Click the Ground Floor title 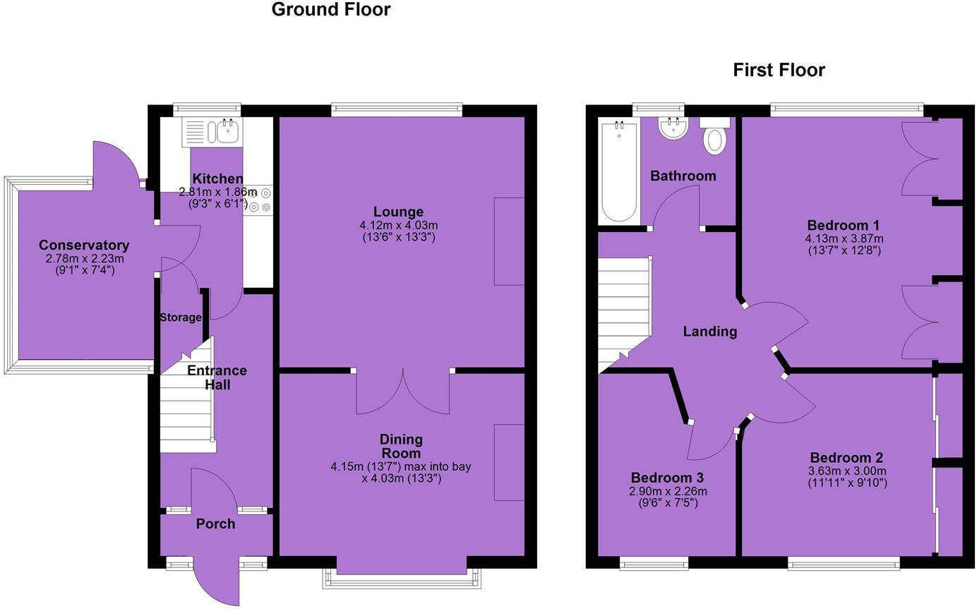click(330, 10)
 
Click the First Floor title click(779, 71)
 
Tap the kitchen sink click(228, 131)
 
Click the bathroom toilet click(714, 138)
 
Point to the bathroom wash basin click(673, 128)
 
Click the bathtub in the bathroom click(619, 171)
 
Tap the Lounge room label click(400, 212)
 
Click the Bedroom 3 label click(667, 478)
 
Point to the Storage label click(180, 317)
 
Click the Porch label click(215, 524)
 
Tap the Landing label click(709, 332)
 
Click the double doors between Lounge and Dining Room click(402, 392)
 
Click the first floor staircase click(624, 310)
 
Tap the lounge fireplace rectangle click(509, 241)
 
